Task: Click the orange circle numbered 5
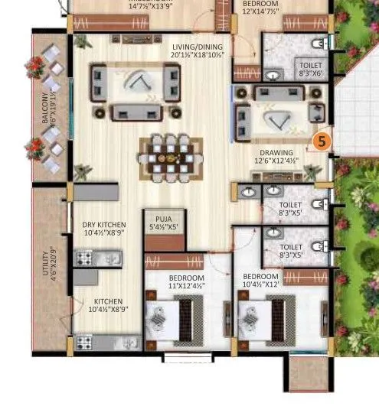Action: point(322,141)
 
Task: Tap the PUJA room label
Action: point(162,217)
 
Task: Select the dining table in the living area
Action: point(171,157)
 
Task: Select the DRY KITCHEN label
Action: point(104,225)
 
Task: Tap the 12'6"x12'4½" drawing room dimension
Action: point(277,161)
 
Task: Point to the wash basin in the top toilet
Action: point(274,74)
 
